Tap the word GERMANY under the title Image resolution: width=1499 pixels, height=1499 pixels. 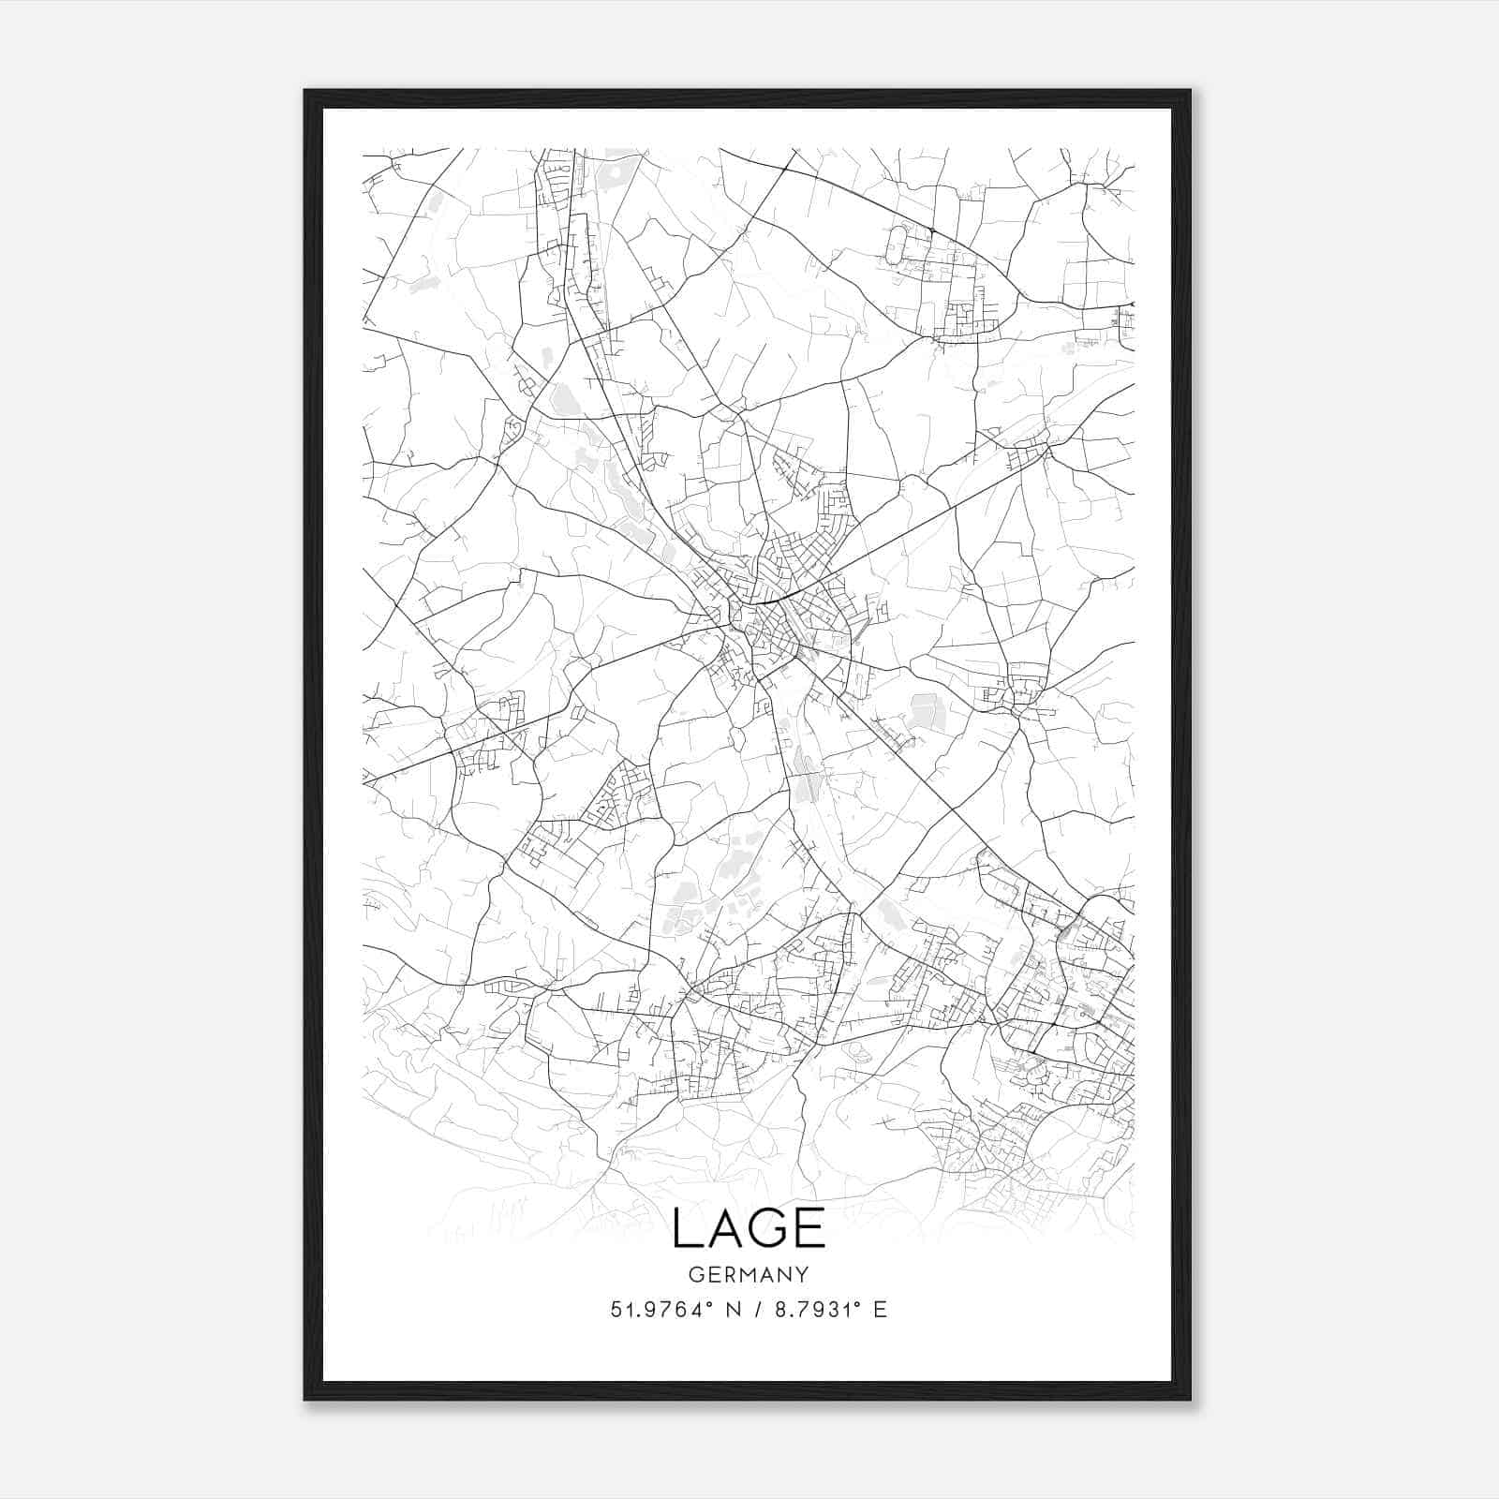[x=749, y=1274]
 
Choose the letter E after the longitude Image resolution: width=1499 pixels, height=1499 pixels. [x=879, y=1309]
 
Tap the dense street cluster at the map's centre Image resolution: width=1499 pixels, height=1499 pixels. [x=773, y=628]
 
